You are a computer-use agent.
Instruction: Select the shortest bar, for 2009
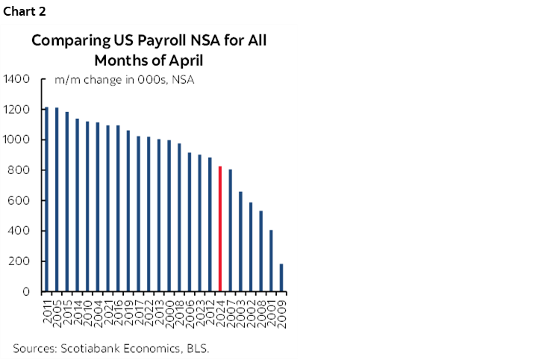tap(281, 277)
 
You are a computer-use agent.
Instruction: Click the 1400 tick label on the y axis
tap(16, 79)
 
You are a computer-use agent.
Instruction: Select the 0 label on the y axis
tap(26, 292)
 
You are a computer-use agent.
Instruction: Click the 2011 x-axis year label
tap(46, 309)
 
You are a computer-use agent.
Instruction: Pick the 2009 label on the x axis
tap(281, 309)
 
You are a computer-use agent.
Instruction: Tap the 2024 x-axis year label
tap(220, 309)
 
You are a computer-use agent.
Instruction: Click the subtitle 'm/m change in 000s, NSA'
tap(125, 80)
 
